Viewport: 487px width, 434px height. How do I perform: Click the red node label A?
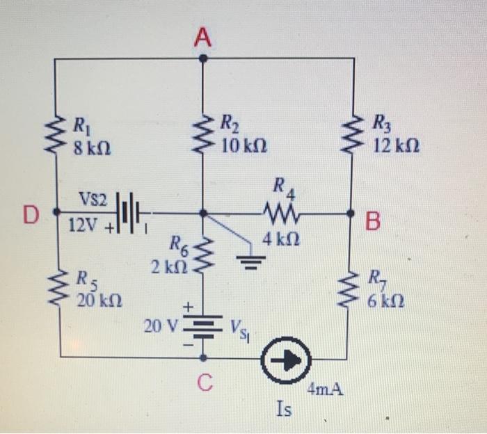tap(202, 40)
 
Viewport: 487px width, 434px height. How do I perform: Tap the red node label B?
tap(374, 222)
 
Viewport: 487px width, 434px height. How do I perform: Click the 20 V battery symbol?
tap(202, 325)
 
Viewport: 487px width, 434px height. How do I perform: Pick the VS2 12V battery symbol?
tap(129, 210)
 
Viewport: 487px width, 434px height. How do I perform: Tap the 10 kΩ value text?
tap(243, 146)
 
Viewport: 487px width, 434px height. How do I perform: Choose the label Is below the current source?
tap(283, 410)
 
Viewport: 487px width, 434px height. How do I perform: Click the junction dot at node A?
tap(202, 58)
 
